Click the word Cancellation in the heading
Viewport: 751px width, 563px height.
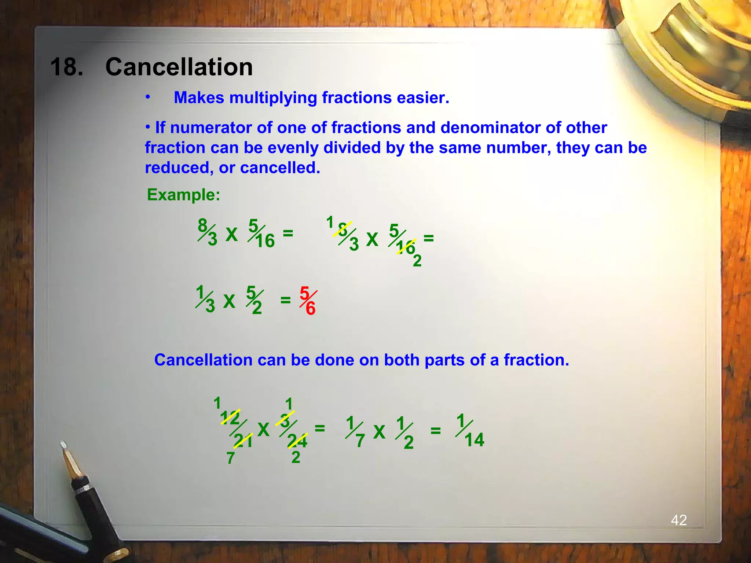point(179,67)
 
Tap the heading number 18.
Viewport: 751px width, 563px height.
point(66,67)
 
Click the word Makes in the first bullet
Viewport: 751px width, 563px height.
point(199,98)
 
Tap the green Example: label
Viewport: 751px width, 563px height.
point(183,195)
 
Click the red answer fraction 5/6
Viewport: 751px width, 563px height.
point(308,301)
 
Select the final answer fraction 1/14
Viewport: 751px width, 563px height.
point(470,431)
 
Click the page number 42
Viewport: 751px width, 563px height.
point(679,520)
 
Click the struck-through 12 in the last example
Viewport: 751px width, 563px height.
point(230,418)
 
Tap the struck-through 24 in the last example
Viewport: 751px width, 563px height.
point(297,441)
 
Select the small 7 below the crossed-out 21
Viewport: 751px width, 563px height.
point(230,458)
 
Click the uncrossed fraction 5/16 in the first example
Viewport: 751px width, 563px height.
point(261,234)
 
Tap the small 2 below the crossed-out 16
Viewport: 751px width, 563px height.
point(417,261)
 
